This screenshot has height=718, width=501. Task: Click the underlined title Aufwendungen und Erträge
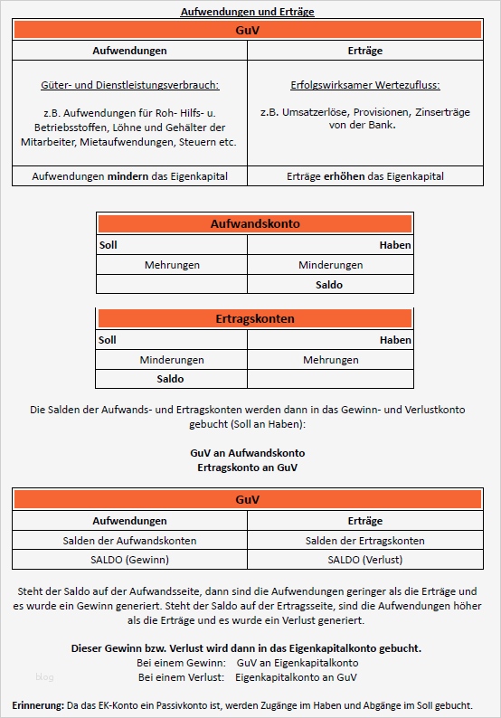(x=247, y=12)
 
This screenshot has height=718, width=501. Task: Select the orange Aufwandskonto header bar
(x=254, y=223)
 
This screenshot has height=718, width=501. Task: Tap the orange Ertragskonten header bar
(x=254, y=319)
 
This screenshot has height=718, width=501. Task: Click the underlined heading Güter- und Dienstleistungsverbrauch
(x=130, y=86)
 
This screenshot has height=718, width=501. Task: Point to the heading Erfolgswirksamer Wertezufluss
(x=365, y=86)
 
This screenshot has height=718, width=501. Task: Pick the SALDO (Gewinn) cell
(x=129, y=560)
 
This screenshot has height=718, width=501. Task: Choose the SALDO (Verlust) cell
(x=365, y=560)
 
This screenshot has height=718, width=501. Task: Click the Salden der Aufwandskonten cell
(x=129, y=541)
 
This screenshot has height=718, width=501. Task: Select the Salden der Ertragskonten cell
(x=365, y=541)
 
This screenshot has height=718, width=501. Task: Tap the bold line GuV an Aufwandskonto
(x=247, y=452)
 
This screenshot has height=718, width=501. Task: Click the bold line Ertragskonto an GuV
(x=247, y=468)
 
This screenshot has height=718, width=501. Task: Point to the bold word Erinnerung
(x=38, y=704)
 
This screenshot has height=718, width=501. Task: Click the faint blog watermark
(x=45, y=675)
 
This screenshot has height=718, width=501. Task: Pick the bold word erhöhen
(x=343, y=176)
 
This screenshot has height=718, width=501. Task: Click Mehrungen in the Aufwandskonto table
(x=172, y=265)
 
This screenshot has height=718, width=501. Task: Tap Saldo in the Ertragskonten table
(x=170, y=379)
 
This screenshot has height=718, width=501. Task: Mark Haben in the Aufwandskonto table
(x=395, y=245)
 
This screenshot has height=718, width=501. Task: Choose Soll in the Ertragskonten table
(x=108, y=340)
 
